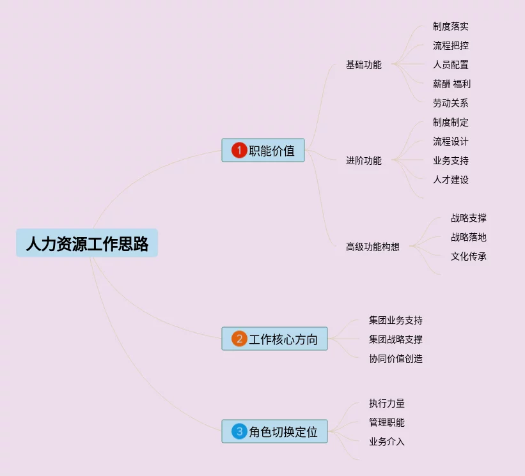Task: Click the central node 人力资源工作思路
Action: click(x=87, y=243)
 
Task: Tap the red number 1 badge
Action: click(x=239, y=150)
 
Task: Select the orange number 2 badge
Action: click(x=239, y=339)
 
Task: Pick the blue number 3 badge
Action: click(x=239, y=431)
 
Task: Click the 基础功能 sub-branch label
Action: click(x=363, y=65)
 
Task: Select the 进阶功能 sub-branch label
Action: click(x=363, y=160)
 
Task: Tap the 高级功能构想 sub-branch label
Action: click(x=372, y=247)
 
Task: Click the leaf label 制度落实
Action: click(x=450, y=26)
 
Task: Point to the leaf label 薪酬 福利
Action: click(x=451, y=84)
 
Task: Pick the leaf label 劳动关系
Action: click(x=450, y=103)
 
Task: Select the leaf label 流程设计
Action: click(x=450, y=141)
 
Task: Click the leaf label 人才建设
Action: click(x=450, y=180)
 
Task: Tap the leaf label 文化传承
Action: click(x=468, y=256)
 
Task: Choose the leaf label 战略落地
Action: click(x=468, y=237)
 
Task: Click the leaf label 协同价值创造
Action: click(x=395, y=358)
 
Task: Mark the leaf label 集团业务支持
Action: click(x=395, y=320)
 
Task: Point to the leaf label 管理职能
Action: click(x=386, y=422)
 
